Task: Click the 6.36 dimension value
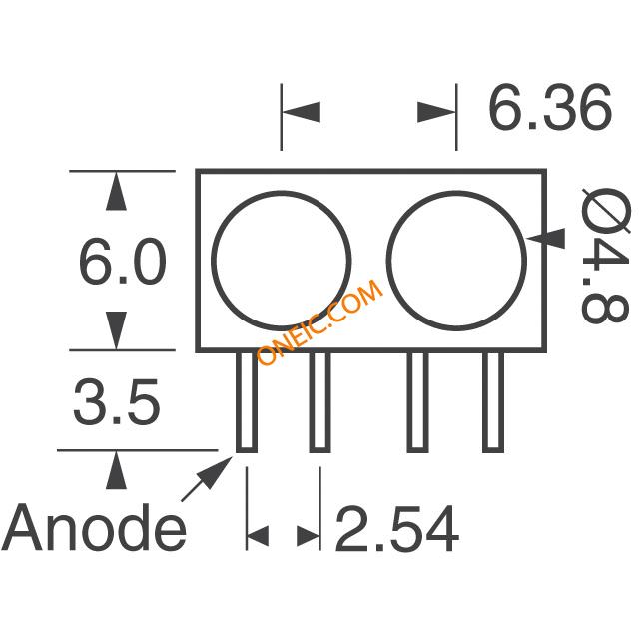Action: [550, 107]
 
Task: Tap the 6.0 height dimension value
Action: [122, 262]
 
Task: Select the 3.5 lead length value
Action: [117, 402]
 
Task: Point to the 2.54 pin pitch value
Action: [397, 528]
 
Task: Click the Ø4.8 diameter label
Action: [605, 256]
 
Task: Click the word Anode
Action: [94, 527]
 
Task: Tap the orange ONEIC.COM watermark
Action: [319, 322]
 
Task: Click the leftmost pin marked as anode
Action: [247, 401]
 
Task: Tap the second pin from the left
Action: [319, 401]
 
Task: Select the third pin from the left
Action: [417, 401]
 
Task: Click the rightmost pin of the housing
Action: [493, 401]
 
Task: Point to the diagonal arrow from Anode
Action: [207, 479]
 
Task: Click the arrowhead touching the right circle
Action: [546, 238]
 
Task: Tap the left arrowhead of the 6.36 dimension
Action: [302, 112]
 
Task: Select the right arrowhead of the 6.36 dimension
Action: [436, 112]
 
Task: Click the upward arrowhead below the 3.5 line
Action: [116, 470]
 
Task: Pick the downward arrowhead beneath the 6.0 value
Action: [116, 330]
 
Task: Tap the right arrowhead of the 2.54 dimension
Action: [309, 536]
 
